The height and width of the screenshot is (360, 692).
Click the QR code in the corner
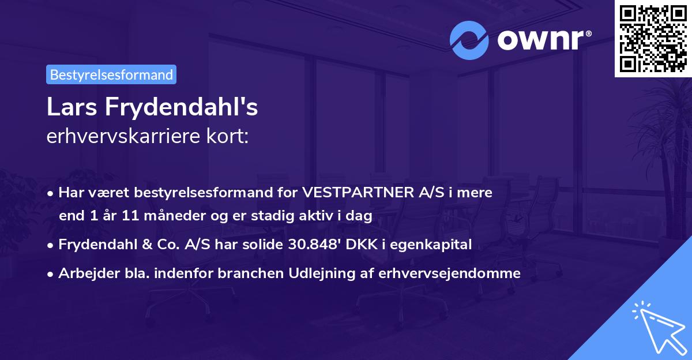click(653, 38)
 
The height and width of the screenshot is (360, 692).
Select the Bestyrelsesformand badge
click(111, 74)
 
